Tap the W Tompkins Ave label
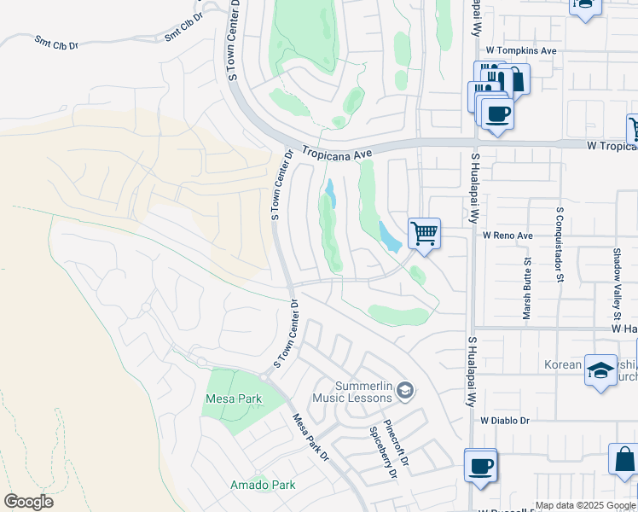click(521, 51)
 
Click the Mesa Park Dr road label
click(310, 438)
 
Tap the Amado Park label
click(263, 485)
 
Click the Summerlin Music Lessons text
click(351, 392)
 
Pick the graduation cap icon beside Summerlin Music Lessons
click(405, 392)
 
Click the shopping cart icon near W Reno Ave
click(424, 232)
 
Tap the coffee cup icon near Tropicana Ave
click(497, 113)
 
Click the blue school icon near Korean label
click(600, 370)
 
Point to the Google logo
click(28, 502)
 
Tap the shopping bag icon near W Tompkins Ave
click(515, 79)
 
